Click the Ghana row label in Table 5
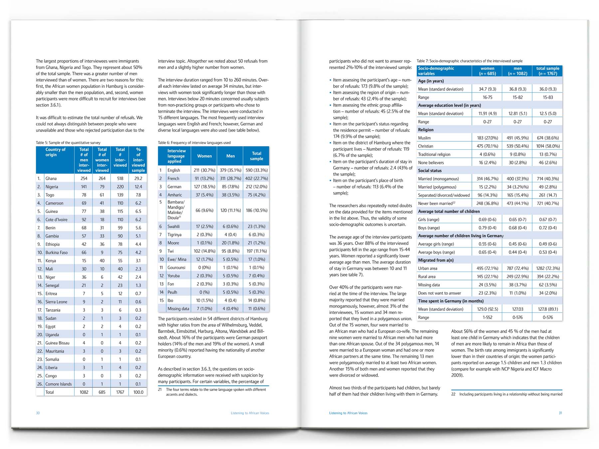coord(51,179)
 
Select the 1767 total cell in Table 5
coord(120,392)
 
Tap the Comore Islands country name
coord(59,384)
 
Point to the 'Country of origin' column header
coord(55,152)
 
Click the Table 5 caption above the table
coord(68,143)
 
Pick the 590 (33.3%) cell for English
coord(256,170)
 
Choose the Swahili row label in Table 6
coord(173,226)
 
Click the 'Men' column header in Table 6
coord(230,156)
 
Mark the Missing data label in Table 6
coord(178,309)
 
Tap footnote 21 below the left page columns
coord(213,392)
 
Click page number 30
coord(38,413)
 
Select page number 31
coord(560,413)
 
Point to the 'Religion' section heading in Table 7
coord(426,130)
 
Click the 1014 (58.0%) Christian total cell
coord(548,146)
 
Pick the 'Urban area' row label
coord(428,268)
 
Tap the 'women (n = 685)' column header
coord(487,71)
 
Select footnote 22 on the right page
coord(506,394)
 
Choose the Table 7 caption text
coord(469,61)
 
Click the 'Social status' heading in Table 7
coord(430,171)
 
